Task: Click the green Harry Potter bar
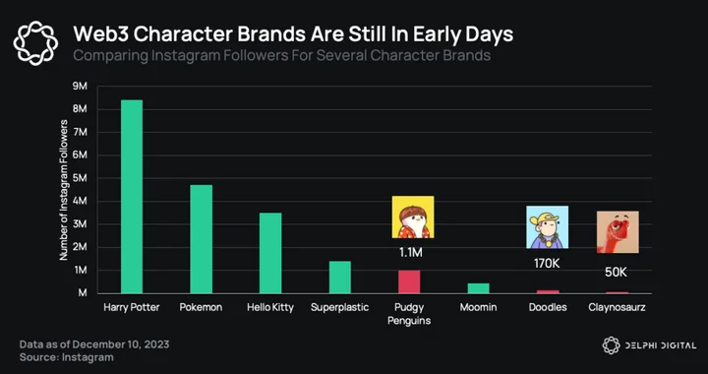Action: (x=132, y=197)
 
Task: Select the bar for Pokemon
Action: (x=201, y=239)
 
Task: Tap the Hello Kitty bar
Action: (x=270, y=253)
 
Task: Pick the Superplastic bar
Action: (x=340, y=278)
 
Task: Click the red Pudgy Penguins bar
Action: (x=409, y=281)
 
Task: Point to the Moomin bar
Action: (x=479, y=288)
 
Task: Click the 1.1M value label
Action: (x=410, y=253)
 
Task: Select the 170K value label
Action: (x=547, y=263)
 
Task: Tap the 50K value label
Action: (x=616, y=272)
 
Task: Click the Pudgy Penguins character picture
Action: (x=413, y=217)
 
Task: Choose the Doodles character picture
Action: (x=547, y=227)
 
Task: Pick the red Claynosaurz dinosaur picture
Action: (x=618, y=231)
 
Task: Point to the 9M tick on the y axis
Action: (x=80, y=87)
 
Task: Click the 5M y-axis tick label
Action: (x=80, y=178)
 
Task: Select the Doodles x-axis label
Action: (x=548, y=308)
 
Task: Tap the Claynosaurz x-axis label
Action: (x=617, y=308)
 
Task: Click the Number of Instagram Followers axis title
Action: (x=63, y=190)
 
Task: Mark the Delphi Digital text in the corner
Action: (x=660, y=345)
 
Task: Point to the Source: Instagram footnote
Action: (x=67, y=357)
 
